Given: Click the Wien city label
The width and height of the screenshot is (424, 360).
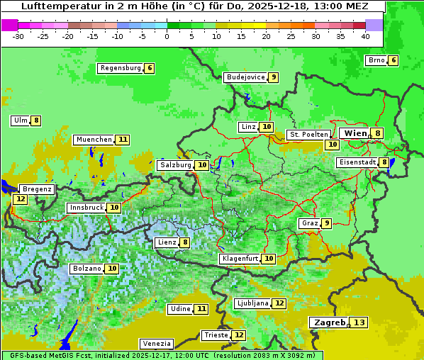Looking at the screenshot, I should tap(355, 133).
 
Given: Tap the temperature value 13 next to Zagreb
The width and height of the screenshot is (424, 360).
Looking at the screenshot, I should tap(359, 322).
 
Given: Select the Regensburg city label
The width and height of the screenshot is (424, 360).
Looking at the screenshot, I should tap(121, 68).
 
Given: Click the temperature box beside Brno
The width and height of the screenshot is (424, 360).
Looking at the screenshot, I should tap(393, 60).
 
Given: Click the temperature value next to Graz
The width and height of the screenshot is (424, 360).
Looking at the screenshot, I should tap(326, 223).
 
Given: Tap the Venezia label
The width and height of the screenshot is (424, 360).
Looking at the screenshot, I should tap(156, 343).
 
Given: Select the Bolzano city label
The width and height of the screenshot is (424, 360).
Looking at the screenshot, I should tap(87, 269).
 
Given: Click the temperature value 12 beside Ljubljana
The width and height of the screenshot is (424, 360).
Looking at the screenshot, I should tap(279, 303).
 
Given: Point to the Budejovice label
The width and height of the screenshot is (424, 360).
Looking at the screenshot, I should tap(245, 77).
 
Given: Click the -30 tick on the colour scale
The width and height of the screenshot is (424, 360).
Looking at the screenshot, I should tap(18, 36).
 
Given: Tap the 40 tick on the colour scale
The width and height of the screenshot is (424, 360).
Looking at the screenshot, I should tap(365, 36).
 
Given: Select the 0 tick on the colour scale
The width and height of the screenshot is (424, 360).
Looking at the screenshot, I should tap(167, 36).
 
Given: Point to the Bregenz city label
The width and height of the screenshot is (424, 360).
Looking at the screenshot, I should tap(37, 189).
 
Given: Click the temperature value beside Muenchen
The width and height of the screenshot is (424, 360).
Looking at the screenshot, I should tap(123, 140).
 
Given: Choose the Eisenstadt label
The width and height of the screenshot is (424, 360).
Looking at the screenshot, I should tap(357, 162).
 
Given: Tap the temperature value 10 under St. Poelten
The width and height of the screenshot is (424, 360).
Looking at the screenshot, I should tap(331, 145).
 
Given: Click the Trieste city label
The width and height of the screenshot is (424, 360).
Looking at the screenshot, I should tap(216, 335).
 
